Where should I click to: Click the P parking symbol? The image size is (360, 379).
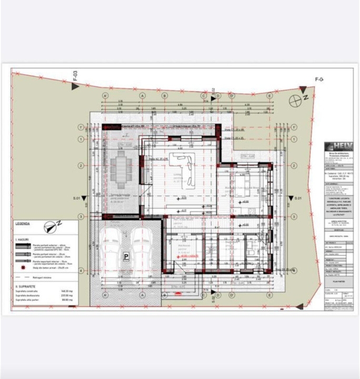coord(126,256)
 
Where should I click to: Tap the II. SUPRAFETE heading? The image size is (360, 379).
coord(24,286)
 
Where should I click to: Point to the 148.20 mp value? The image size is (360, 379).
coord(66,291)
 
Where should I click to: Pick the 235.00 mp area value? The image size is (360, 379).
coord(66,295)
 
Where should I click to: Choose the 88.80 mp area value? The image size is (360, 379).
coord(66,300)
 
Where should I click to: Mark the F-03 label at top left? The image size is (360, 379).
coord(75,76)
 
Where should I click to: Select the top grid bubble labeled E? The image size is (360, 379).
coord(269,96)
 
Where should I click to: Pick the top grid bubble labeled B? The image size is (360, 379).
coord(164,96)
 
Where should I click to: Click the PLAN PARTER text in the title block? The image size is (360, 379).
coord(337,282)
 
